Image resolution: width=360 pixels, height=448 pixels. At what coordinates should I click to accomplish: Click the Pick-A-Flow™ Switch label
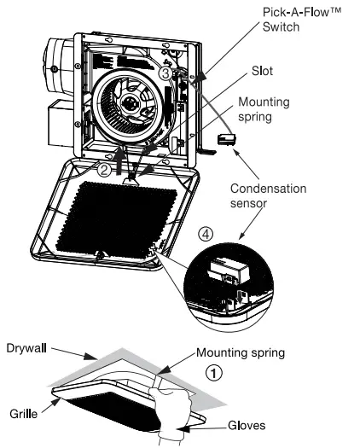[x=302, y=20]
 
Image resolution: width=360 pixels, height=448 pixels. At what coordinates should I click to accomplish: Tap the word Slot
[x=262, y=71]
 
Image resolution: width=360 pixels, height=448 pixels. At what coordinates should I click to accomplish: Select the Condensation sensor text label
[x=268, y=195]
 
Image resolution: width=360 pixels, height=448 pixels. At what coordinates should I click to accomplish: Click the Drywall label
[x=26, y=348]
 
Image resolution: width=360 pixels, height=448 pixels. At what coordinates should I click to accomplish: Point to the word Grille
[x=23, y=414]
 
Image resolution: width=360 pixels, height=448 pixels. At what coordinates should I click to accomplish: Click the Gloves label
[x=247, y=426]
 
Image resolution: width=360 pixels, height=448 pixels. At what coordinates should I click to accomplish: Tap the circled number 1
[x=214, y=373]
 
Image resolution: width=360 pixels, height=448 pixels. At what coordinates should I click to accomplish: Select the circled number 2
[x=104, y=170]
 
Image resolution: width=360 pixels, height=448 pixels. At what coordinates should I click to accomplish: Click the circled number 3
[x=165, y=73]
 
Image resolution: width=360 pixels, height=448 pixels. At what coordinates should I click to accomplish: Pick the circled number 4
[x=206, y=235]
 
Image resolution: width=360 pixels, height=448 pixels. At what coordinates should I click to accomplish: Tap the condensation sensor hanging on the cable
[x=227, y=139]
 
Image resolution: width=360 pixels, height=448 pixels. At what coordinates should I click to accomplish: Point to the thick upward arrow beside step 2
[x=120, y=160]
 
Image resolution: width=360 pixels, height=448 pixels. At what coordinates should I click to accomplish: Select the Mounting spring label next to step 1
[x=241, y=353]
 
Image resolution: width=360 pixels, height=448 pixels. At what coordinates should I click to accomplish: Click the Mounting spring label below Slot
[x=264, y=109]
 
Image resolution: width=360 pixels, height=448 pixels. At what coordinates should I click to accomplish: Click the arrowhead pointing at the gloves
[x=187, y=428]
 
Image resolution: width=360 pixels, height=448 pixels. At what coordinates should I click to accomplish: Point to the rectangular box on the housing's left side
[x=61, y=123]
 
